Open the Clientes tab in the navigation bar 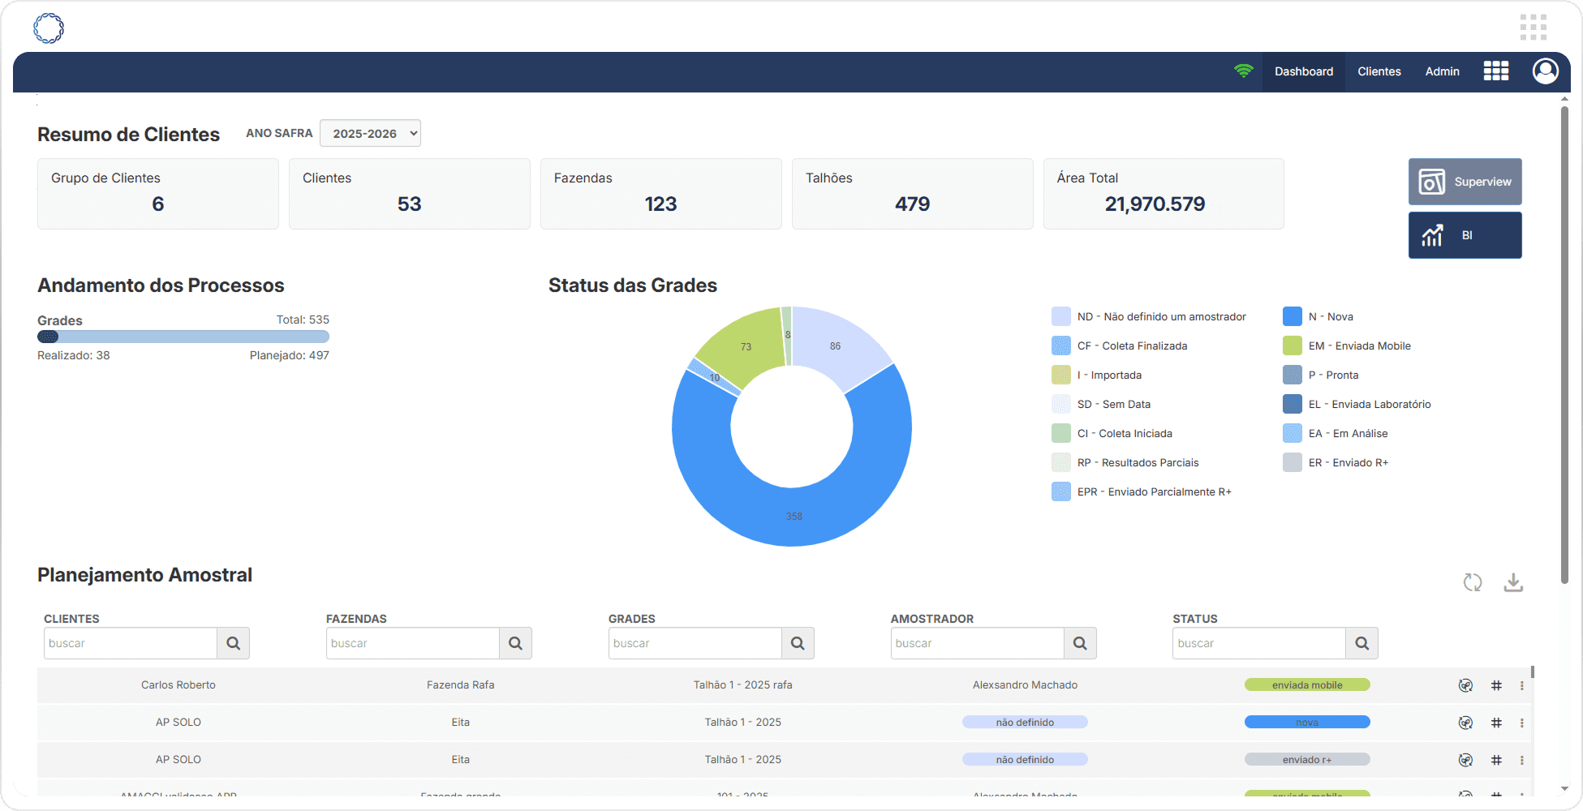pyautogui.click(x=1379, y=71)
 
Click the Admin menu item pyautogui.click(x=1442, y=71)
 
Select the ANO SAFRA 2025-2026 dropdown pyautogui.click(x=370, y=133)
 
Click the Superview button pyautogui.click(x=1465, y=182)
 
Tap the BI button pyautogui.click(x=1465, y=235)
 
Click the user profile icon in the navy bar pyautogui.click(x=1545, y=71)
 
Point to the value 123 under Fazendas pyautogui.click(x=660, y=204)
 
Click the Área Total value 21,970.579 pyautogui.click(x=1155, y=204)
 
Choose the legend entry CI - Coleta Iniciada pyautogui.click(x=1124, y=434)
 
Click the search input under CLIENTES pyautogui.click(x=131, y=643)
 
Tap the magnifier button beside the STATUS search pyautogui.click(x=1361, y=643)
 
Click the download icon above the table pyautogui.click(x=1513, y=582)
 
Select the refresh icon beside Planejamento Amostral pyautogui.click(x=1473, y=582)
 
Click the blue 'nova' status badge pyautogui.click(x=1306, y=723)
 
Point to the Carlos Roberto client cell pyautogui.click(x=179, y=685)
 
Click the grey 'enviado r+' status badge pyautogui.click(x=1306, y=760)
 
